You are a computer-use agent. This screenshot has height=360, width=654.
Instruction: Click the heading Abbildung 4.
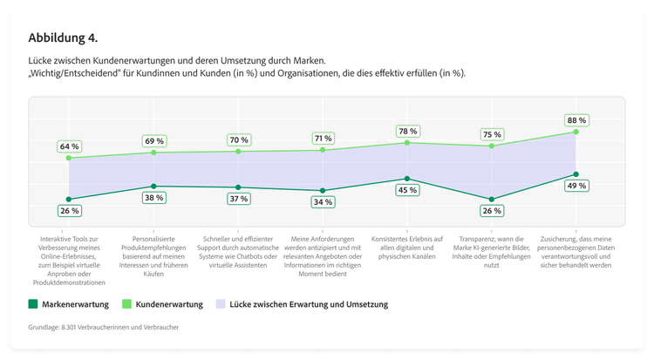point(63,38)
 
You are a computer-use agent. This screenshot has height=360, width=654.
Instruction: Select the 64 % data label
point(70,146)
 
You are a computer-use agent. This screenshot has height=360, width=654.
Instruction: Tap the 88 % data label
point(576,120)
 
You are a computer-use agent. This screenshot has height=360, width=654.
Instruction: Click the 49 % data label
point(576,186)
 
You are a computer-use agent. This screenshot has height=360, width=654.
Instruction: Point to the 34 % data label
point(323,202)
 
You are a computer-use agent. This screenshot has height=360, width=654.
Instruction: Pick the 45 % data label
point(407,190)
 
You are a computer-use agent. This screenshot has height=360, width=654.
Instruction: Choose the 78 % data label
point(407,131)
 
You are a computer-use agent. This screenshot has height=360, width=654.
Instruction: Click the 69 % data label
point(154,140)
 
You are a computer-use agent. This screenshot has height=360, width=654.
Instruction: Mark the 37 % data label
point(238,199)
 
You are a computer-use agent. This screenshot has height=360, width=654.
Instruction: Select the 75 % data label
point(492,134)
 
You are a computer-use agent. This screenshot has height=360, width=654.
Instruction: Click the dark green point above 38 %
point(154,186)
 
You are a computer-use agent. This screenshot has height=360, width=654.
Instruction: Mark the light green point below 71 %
point(323,150)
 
